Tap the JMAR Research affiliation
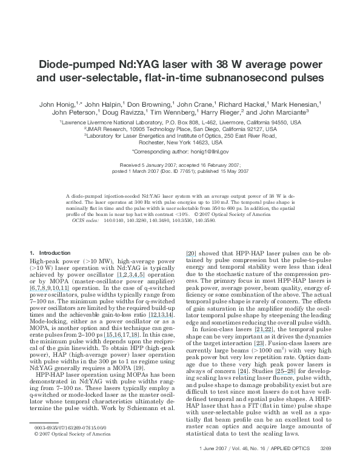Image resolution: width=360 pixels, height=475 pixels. (105, 129)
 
